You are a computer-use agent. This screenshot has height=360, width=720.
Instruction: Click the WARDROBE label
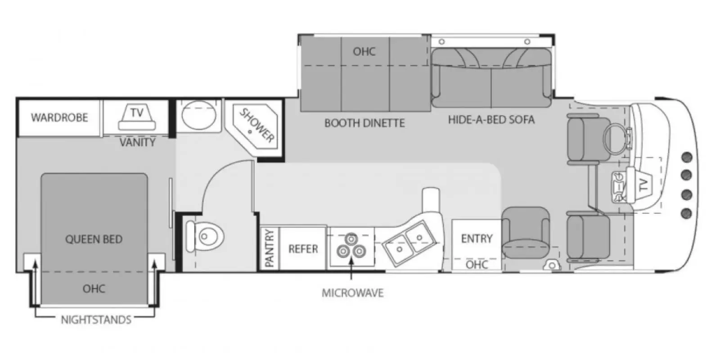pyautogui.click(x=59, y=118)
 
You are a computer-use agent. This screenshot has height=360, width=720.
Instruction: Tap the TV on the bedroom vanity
pyautogui.click(x=136, y=118)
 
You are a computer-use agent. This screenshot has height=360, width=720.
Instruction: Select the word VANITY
pyautogui.click(x=137, y=143)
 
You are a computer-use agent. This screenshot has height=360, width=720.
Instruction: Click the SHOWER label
pyautogui.click(x=257, y=125)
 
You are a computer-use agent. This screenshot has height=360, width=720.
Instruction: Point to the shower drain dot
pyautogui.click(x=250, y=132)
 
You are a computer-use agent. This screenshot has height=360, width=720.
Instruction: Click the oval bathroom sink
pyautogui.click(x=198, y=115)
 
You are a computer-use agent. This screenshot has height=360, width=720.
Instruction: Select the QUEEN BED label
pyautogui.click(x=94, y=239)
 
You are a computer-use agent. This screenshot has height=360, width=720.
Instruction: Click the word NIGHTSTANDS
pyautogui.click(x=96, y=320)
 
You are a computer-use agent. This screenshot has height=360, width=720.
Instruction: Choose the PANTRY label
pyautogui.click(x=270, y=248)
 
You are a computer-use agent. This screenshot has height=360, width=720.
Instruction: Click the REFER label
pyautogui.click(x=303, y=249)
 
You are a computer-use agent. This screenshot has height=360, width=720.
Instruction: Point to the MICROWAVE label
pyautogui.click(x=352, y=293)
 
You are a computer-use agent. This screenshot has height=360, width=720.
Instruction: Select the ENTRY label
pyautogui.click(x=477, y=238)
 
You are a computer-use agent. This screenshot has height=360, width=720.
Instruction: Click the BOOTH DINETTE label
pyautogui.click(x=364, y=123)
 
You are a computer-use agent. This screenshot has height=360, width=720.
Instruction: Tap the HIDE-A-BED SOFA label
pyautogui.click(x=491, y=120)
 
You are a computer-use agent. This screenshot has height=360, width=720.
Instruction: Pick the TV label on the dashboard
pyautogui.click(x=643, y=185)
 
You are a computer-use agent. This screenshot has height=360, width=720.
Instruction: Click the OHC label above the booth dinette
pyautogui.click(x=364, y=51)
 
